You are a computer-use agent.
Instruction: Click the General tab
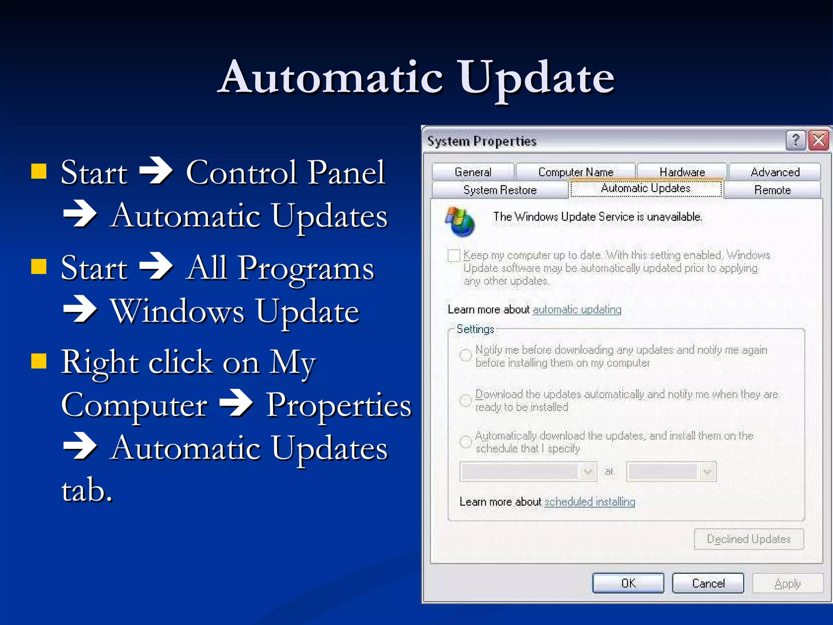click(x=473, y=172)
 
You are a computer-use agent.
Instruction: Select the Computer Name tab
click(x=576, y=172)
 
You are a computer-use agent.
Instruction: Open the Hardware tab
click(x=682, y=172)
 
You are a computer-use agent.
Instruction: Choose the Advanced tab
click(x=775, y=172)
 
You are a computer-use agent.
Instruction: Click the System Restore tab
click(x=500, y=190)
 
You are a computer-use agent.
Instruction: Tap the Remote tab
click(x=772, y=190)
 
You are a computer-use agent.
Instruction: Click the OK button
click(x=628, y=583)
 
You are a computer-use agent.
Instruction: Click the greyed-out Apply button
click(x=787, y=583)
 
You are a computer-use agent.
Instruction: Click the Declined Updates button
click(x=749, y=539)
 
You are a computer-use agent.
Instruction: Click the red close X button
click(x=818, y=141)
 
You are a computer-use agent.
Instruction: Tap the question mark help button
click(x=796, y=141)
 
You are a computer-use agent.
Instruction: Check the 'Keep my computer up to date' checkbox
click(x=454, y=256)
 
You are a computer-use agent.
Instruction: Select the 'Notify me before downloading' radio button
click(x=465, y=355)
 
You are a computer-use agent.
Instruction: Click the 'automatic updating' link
click(x=577, y=310)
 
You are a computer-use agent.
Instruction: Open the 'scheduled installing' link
click(x=590, y=502)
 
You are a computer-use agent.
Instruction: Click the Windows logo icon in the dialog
click(x=460, y=221)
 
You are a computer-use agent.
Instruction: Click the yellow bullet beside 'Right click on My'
click(x=39, y=360)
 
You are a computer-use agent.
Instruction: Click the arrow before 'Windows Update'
click(x=80, y=310)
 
